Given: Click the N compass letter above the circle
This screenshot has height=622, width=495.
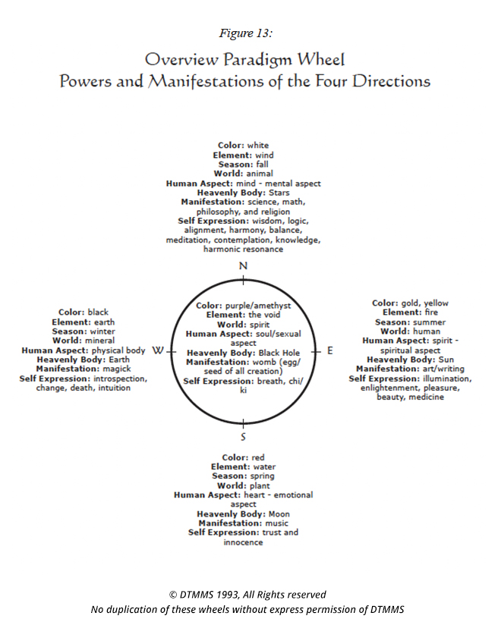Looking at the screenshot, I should pos(243,265).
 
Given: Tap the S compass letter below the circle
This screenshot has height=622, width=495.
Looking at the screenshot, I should pos(243,437).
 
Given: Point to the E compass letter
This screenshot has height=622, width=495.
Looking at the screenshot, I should pos(330,350).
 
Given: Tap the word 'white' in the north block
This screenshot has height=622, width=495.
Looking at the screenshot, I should pos(258,146).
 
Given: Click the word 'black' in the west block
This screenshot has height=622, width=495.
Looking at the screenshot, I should pos(99,312).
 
